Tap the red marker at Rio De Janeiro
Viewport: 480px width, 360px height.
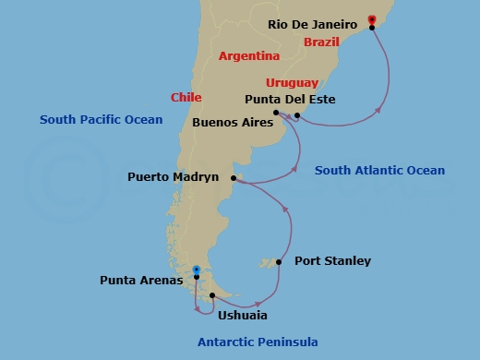click(x=371, y=18)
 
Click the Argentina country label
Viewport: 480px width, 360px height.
click(x=248, y=56)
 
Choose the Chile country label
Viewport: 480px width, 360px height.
click(x=186, y=97)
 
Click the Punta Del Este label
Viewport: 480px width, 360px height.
click(x=290, y=100)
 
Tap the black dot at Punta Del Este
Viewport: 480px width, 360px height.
click(x=297, y=115)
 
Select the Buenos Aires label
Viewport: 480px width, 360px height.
click(x=231, y=121)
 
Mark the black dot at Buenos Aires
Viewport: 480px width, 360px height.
click(x=277, y=113)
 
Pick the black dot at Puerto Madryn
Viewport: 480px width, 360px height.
click(x=234, y=178)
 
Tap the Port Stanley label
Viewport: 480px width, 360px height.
click(x=332, y=261)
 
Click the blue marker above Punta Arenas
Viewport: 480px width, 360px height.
click(x=196, y=270)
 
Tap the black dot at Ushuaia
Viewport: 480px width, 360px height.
click(x=213, y=295)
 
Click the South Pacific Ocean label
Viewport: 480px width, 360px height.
click(x=102, y=120)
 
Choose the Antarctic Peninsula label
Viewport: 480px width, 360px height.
click(x=258, y=342)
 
